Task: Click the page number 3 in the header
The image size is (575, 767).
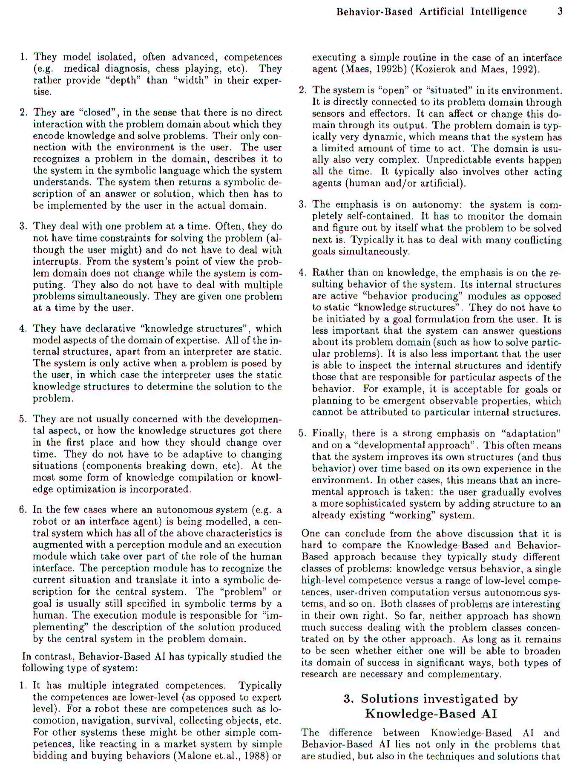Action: coord(560,12)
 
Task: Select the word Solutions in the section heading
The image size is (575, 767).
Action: coord(390,699)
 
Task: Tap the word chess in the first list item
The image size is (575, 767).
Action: coord(167,69)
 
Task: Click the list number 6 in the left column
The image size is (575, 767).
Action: coord(23,510)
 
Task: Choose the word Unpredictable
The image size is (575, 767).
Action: coord(460,160)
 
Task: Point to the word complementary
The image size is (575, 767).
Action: coord(464,675)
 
